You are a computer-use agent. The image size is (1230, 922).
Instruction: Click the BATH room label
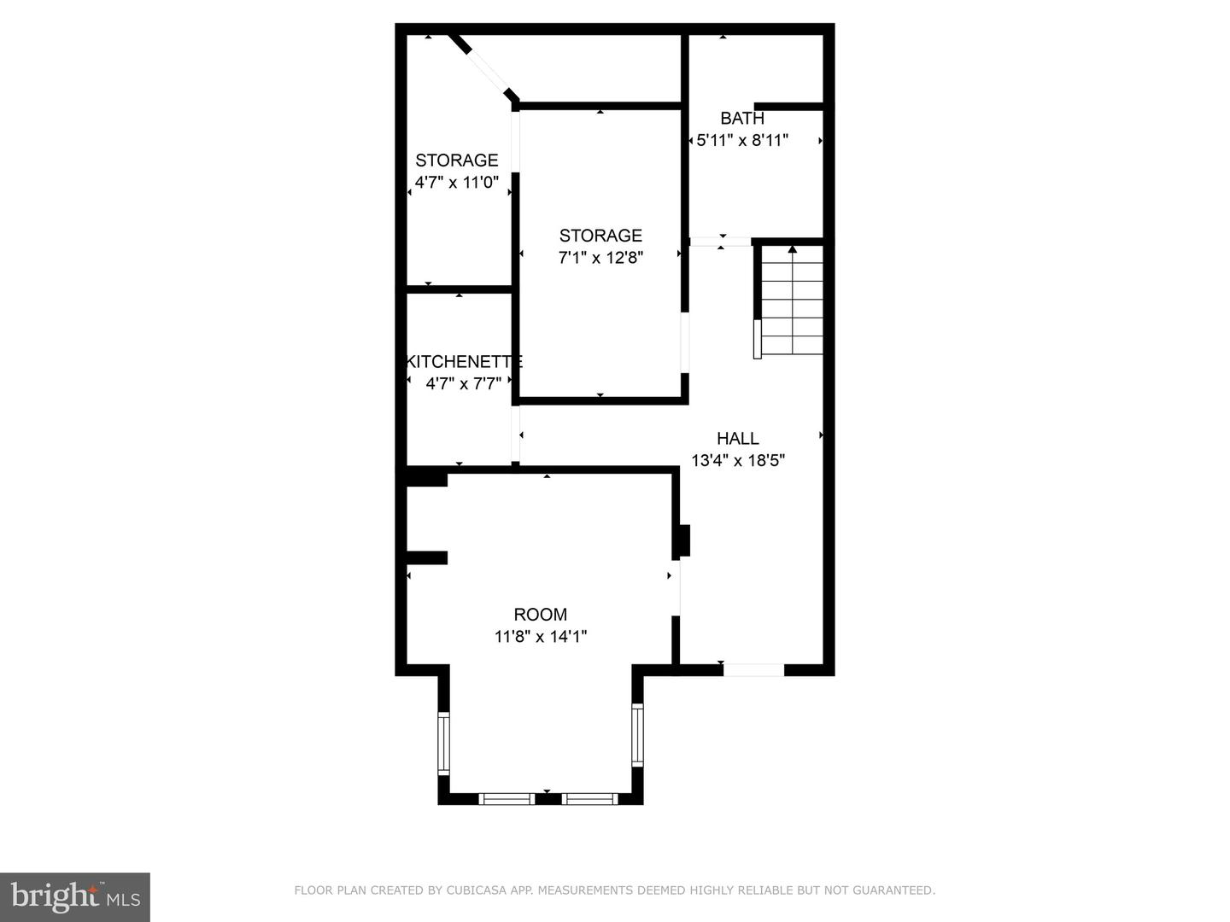(741, 119)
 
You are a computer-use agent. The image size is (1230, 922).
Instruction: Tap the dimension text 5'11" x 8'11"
(741, 141)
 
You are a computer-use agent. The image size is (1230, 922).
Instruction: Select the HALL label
(737, 439)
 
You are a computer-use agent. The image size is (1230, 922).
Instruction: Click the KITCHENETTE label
(464, 361)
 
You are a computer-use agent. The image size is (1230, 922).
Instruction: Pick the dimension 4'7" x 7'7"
(463, 384)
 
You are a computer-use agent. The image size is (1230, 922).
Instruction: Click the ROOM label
(540, 615)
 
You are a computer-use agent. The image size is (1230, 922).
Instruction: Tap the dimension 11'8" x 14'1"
(540, 637)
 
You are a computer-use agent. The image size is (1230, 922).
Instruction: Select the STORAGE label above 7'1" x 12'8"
(600, 236)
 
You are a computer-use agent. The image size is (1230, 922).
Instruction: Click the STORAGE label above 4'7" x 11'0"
(456, 160)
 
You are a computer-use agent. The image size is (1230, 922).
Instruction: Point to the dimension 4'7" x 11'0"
(456, 183)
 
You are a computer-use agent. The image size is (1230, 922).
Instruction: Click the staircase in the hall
(791, 303)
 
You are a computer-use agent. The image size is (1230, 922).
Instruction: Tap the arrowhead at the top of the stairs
(792, 249)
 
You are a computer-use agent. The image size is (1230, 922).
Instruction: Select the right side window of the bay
(637, 734)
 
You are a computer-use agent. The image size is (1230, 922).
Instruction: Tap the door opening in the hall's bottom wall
(753, 670)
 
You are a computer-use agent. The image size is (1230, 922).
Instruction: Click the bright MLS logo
(75, 896)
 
